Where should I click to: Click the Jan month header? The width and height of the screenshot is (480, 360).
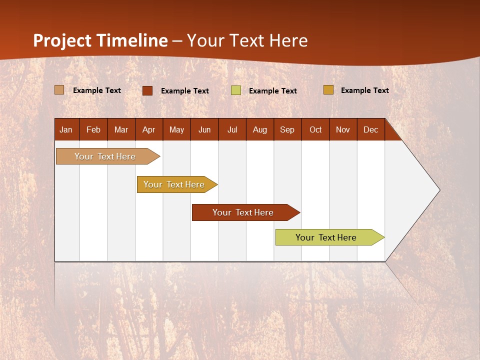66,129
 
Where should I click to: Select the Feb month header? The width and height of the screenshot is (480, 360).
93,129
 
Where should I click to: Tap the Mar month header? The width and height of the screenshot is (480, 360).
121,129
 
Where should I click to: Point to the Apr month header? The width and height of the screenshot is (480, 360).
148,129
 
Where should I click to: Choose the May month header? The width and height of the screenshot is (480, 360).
176,129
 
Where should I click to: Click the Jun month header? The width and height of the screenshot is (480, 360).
204,129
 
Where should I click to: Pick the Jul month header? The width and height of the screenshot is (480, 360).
232,129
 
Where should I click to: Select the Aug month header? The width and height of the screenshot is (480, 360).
259,129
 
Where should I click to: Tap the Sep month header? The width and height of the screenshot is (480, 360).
287,129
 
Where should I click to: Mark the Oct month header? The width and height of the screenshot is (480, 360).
315,129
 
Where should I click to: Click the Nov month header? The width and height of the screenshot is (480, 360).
343,129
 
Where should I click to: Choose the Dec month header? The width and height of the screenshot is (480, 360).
370,129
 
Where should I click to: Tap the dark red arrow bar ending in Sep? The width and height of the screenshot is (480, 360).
243,212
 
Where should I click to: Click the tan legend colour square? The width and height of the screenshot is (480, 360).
59,90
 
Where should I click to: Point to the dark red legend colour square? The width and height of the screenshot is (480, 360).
147,90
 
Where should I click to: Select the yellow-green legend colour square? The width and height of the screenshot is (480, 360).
236,90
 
